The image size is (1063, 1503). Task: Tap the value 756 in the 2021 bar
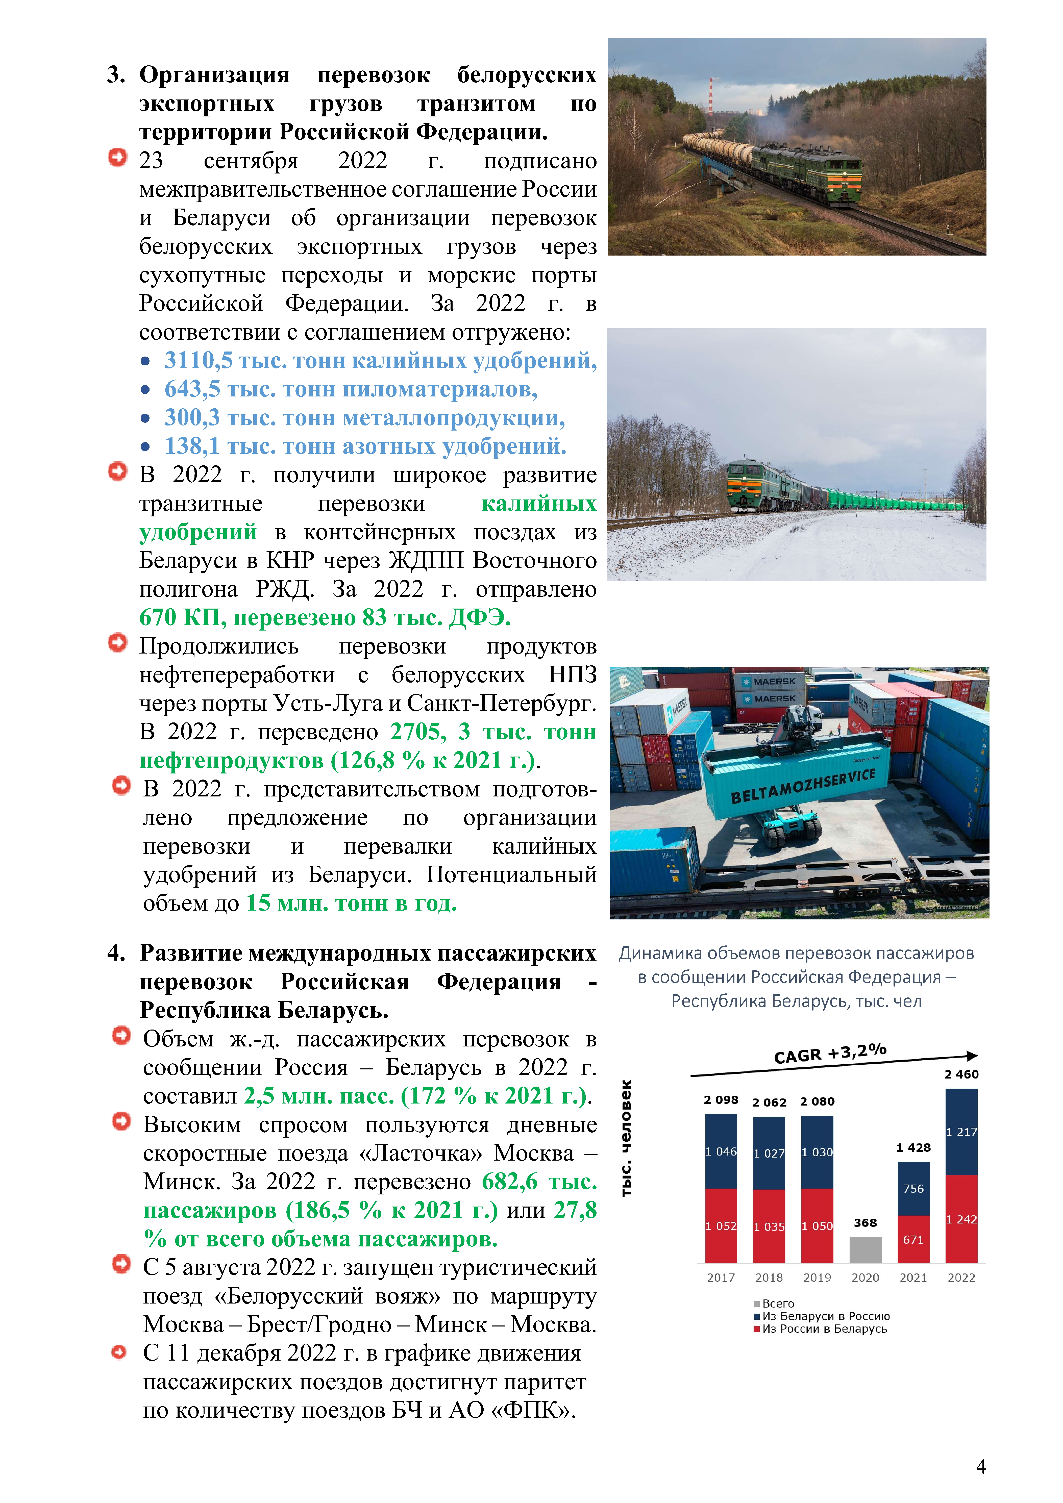pos(913,1188)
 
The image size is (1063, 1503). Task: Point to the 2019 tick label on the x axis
pos(817,1277)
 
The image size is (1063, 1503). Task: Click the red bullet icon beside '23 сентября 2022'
pos(117,158)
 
